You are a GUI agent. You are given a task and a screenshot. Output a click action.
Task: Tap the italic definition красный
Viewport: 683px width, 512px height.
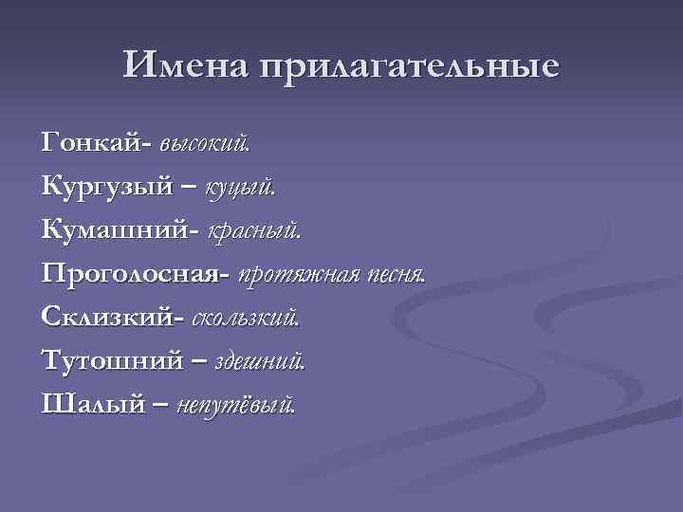click(x=254, y=230)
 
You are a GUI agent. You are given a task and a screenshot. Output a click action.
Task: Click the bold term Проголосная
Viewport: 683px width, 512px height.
click(x=132, y=274)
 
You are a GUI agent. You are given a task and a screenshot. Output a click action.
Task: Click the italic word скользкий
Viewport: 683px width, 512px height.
click(x=246, y=318)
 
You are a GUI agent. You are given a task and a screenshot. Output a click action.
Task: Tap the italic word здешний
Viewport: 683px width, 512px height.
click(x=260, y=361)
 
